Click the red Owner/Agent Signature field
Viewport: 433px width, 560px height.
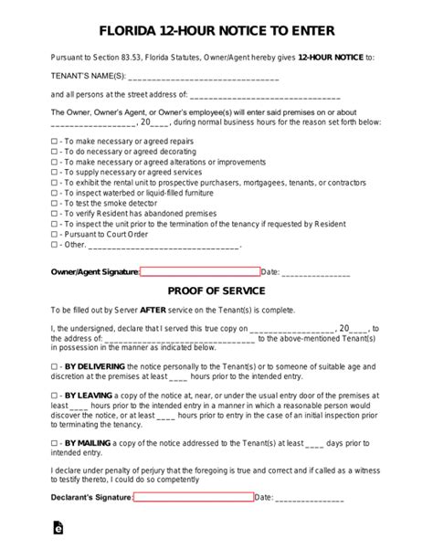coord(200,271)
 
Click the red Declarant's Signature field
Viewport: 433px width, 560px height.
coord(194,498)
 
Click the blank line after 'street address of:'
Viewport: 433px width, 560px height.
coord(264,96)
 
